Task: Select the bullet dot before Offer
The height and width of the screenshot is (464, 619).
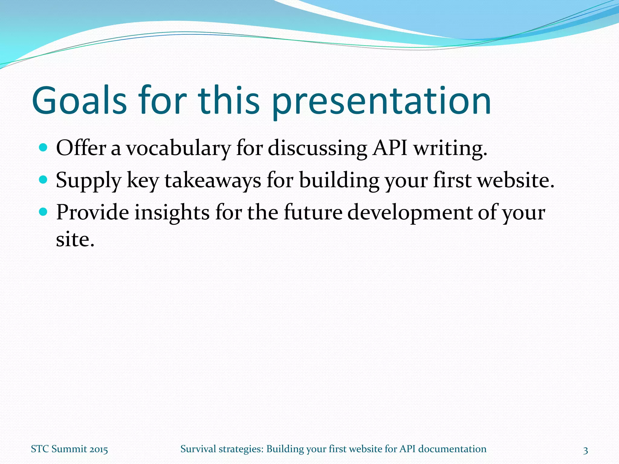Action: pyautogui.click(x=44, y=148)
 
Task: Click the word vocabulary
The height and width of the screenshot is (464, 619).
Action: pyautogui.click(x=178, y=149)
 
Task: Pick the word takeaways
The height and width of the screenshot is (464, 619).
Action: pyautogui.click(x=212, y=180)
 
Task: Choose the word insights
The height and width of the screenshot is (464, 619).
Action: pyautogui.click(x=172, y=213)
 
